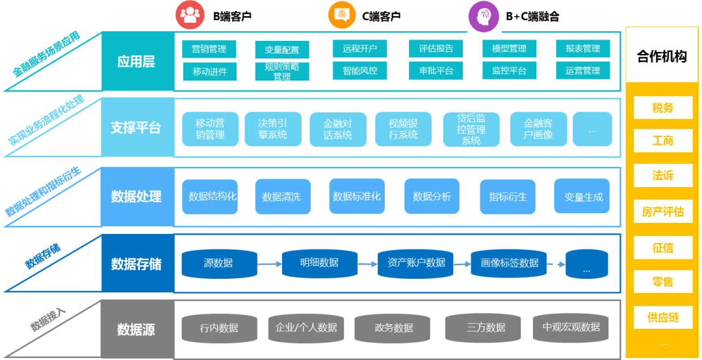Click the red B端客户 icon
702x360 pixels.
point(190,16)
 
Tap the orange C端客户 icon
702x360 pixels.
point(342,16)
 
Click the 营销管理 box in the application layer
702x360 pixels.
point(209,49)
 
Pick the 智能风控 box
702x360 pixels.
point(360,71)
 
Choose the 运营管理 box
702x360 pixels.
point(582,71)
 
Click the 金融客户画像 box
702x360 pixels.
point(538,129)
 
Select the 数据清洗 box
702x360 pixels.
point(281,196)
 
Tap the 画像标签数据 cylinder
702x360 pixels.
point(509,263)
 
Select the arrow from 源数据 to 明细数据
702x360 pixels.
point(269,264)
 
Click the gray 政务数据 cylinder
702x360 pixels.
point(394,328)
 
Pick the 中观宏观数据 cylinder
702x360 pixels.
point(571,328)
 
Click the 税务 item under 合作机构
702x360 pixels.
point(662,108)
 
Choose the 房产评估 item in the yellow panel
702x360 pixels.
point(662,212)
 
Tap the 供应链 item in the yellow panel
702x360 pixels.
point(662,317)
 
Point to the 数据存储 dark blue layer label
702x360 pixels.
point(136,264)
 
